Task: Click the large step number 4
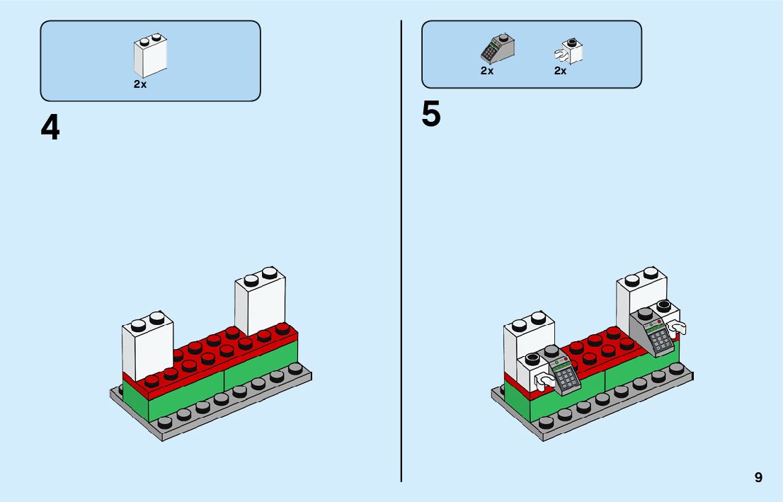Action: coord(50,128)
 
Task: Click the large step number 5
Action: coord(430,115)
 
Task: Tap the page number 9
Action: coord(758,478)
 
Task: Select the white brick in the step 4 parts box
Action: coord(149,57)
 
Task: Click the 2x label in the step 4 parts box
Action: coord(140,84)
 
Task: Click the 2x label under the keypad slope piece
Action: coord(486,71)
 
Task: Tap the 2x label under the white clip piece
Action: coord(560,71)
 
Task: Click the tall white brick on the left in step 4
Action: coord(147,347)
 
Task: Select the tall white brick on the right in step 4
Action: coord(261,304)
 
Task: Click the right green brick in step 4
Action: coord(261,365)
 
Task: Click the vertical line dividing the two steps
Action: coord(401,248)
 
